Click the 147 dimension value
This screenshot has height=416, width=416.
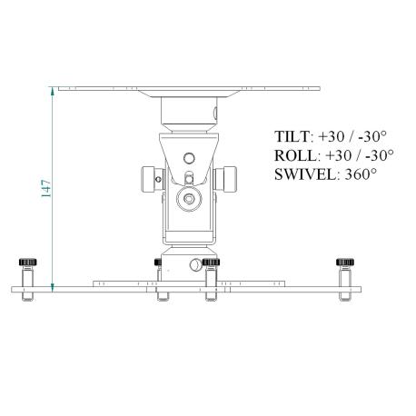pyautogui.click(x=46, y=188)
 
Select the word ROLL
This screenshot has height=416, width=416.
pyautogui.click(x=297, y=155)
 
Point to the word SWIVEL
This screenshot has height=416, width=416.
pyautogui.click(x=307, y=174)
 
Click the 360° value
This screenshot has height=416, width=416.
pyautogui.click(x=361, y=174)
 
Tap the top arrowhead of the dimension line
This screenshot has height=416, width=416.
pyautogui.click(x=53, y=91)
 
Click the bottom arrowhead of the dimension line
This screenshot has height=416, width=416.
pyautogui.click(x=53, y=288)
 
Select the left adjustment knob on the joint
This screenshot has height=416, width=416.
pyautogui.click(x=149, y=179)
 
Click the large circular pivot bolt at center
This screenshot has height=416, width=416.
pyautogui.click(x=189, y=199)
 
